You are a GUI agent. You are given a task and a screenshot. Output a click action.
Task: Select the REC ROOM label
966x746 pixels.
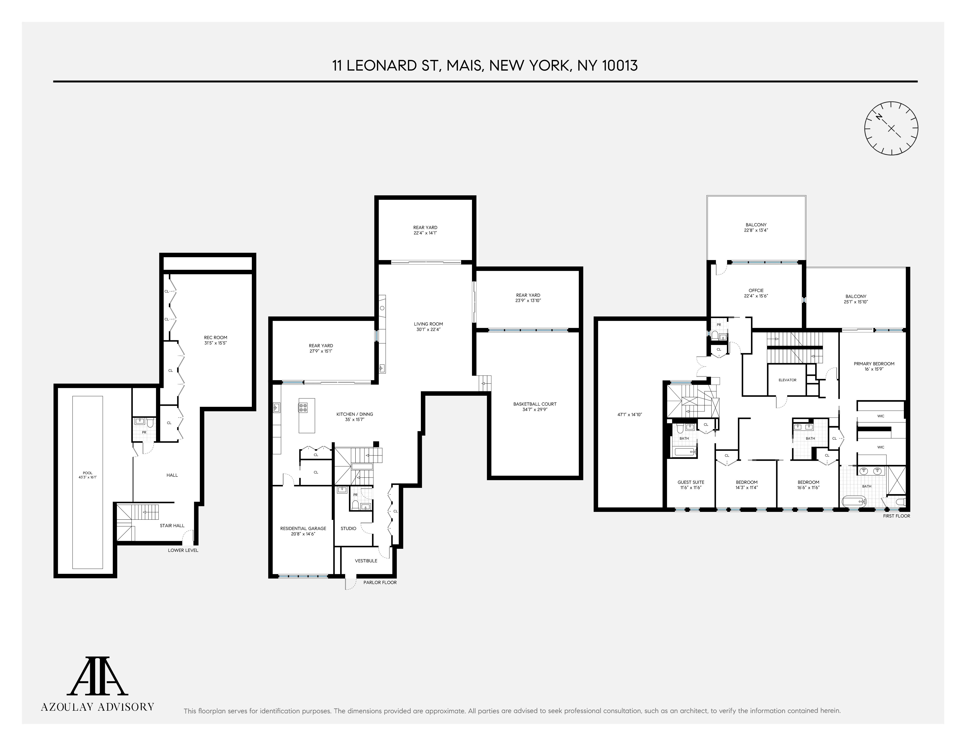click(215, 337)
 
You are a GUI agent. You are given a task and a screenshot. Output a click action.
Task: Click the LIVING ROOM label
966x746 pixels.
click(428, 324)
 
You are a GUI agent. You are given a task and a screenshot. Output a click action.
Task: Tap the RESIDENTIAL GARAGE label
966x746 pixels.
click(303, 528)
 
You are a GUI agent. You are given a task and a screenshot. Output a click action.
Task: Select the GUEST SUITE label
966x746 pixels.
click(690, 482)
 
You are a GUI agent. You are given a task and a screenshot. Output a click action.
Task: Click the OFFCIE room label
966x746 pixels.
click(756, 290)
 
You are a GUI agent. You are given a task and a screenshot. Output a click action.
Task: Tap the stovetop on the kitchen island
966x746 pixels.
click(303, 407)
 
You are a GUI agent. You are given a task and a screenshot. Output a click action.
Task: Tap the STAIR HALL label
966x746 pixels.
click(172, 525)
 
